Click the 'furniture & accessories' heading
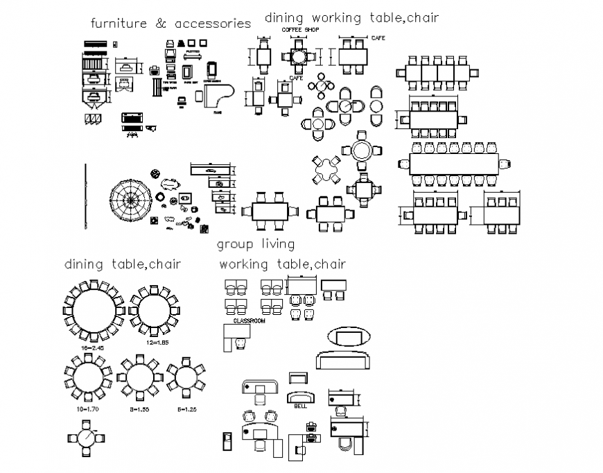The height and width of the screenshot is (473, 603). [171, 24]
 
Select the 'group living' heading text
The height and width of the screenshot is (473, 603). [255, 244]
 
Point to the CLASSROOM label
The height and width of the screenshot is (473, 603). [249, 322]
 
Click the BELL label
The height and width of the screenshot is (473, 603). [300, 406]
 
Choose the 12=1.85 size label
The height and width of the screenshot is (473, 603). [157, 343]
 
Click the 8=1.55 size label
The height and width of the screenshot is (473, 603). [139, 409]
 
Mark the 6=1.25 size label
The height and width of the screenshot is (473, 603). [187, 409]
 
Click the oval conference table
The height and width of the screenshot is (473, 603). [346, 337]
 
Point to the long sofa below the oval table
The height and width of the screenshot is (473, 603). [344, 361]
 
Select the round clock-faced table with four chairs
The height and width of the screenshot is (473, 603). [85, 440]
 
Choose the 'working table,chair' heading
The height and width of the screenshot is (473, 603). [282, 264]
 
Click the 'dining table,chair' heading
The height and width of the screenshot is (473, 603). [123, 264]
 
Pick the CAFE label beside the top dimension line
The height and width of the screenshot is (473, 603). [378, 37]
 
